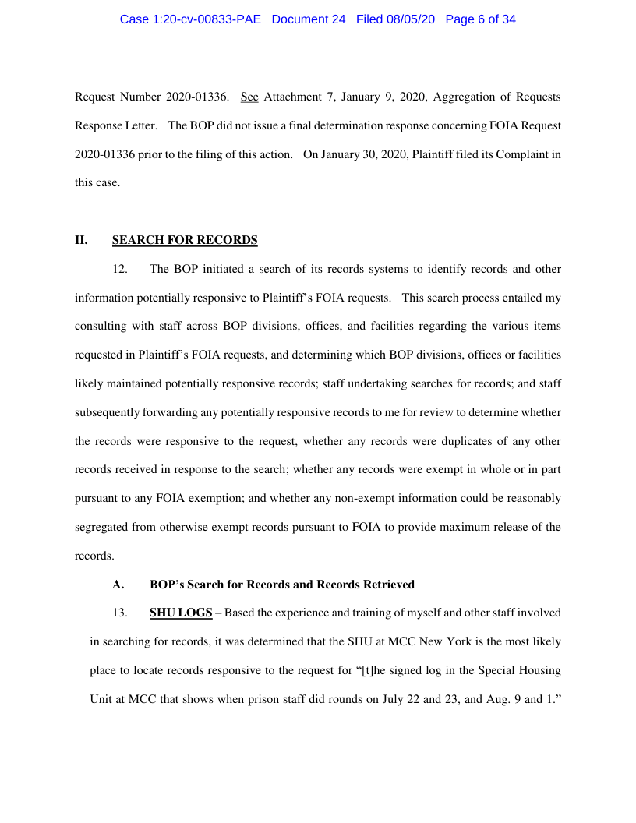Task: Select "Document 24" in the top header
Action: coord(309,19)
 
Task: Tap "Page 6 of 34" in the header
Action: coord(480,19)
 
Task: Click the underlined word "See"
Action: coord(249,97)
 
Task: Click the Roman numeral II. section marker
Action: coord(81,240)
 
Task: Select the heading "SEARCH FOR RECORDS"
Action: coord(185,240)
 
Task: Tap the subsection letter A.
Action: coord(118,585)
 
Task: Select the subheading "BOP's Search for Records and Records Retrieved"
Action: coord(281,585)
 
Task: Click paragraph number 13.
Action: coord(120,613)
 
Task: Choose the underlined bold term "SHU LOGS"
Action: coord(181,613)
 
